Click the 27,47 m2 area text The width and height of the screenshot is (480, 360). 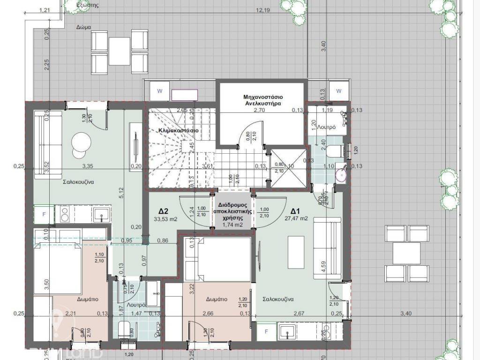tap(296, 218)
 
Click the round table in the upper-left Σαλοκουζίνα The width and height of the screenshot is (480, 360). tap(81, 141)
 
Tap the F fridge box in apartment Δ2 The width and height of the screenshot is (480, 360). tap(45, 214)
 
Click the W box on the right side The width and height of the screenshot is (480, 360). tap(339, 90)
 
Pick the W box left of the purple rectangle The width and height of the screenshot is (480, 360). tap(160, 91)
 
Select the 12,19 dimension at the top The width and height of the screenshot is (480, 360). tap(263, 10)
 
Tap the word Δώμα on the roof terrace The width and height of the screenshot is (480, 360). tap(83, 27)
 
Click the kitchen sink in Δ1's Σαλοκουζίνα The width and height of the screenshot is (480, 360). tap(286, 333)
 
